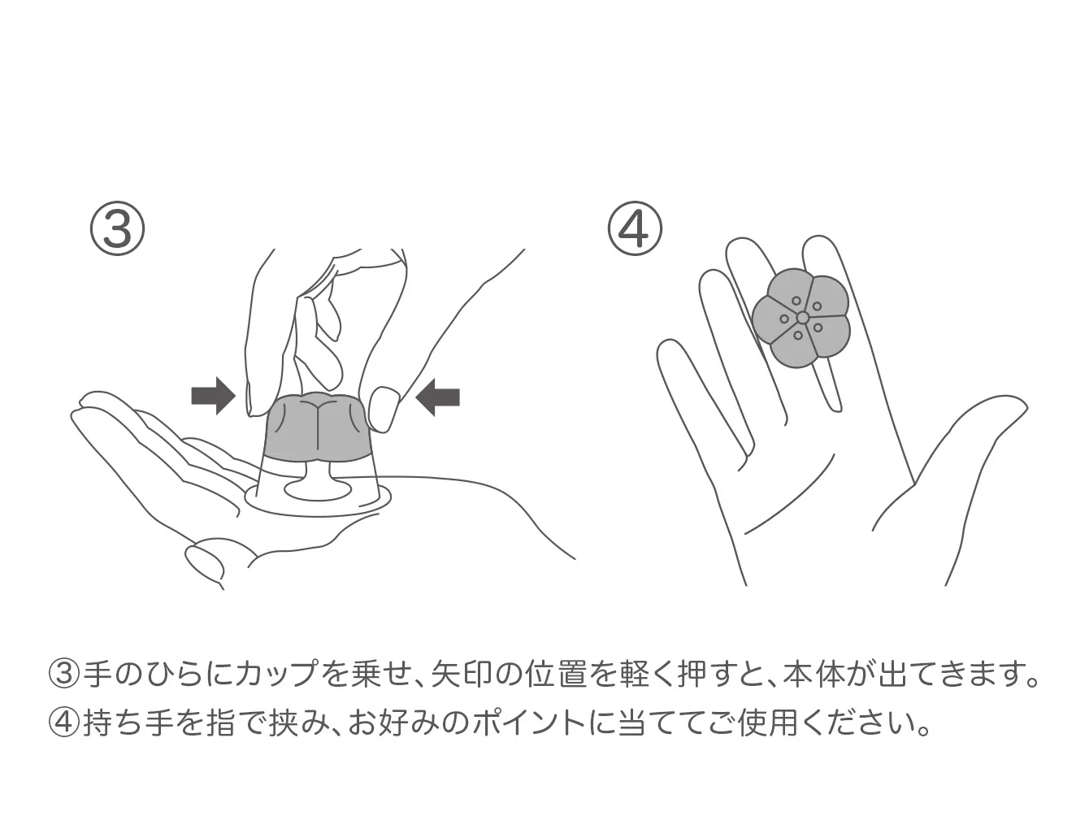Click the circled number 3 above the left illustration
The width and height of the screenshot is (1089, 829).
tap(117, 228)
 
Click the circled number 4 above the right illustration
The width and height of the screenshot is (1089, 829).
tap(635, 228)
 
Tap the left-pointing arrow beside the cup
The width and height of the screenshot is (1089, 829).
tap(437, 397)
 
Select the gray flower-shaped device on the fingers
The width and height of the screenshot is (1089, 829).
tap(800, 318)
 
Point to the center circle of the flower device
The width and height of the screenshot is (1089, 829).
tap(803, 317)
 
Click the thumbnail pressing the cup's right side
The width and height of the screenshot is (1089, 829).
tap(385, 408)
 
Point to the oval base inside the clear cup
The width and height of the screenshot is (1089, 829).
tap(318, 489)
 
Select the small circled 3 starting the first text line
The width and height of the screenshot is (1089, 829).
tap(64, 675)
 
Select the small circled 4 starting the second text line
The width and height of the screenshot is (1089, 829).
tap(64, 724)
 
